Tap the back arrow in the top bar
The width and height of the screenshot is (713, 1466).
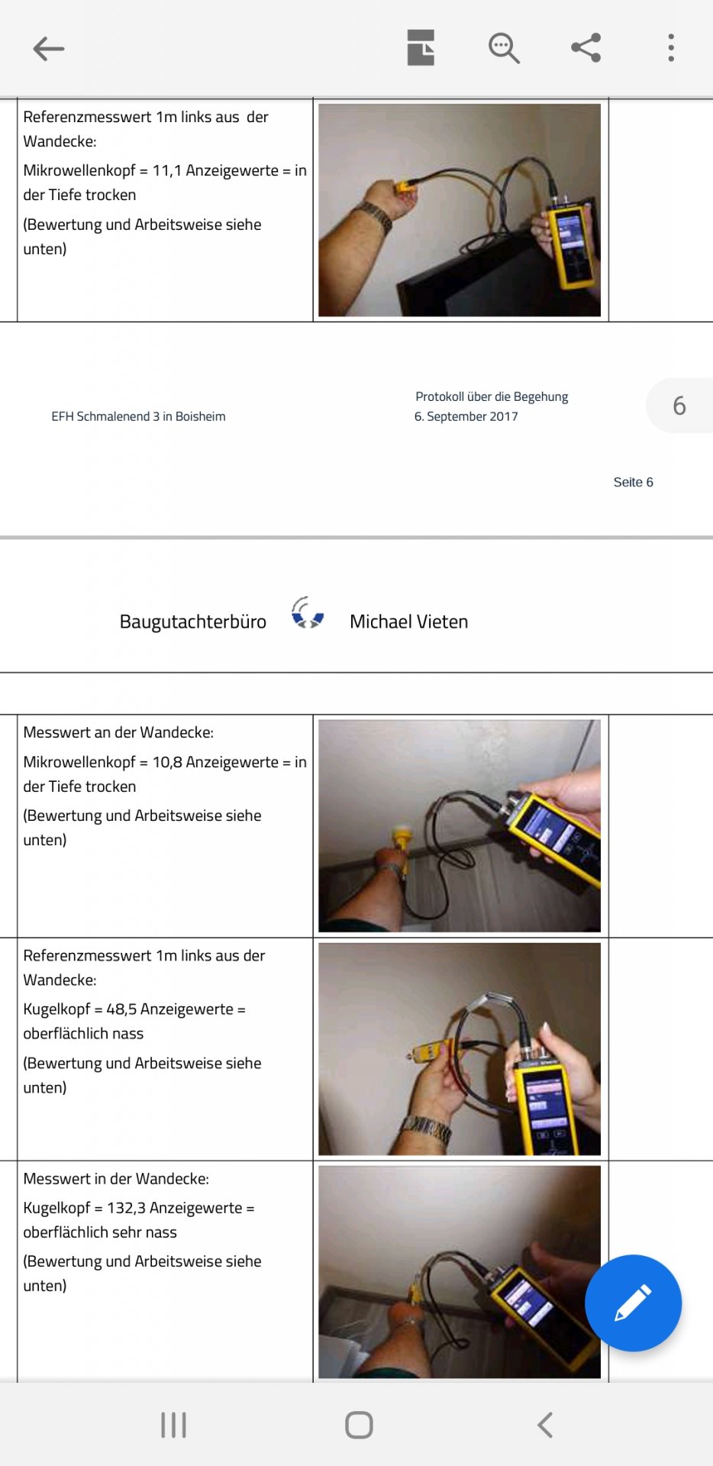pyautogui.click(x=49, y=49)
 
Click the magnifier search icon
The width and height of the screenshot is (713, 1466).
pyautogui.click(x=504, y=48)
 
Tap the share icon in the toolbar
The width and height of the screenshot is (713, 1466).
pyautogui.click(x=586, y=48)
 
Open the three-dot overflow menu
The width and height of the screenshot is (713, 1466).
pyautogui.click(x=671, y=48)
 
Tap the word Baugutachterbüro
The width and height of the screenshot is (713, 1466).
pyautogui.click(x=193, y=622)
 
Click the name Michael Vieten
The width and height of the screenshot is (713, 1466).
pyautogui.click(x=408, y=622)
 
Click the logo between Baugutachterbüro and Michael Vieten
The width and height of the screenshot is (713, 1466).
pyautogui.click(x=308, y=613)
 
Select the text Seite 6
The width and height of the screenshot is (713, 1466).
pyautogui.click(x=633, y=483)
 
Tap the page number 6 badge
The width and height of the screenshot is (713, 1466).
pyautogui.click(x=679, y=405)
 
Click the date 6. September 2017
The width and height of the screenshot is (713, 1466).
pyautogui.click(x=466, y=417)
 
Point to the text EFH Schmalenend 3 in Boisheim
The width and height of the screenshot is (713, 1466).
pyautogui.click(x=138, y=417)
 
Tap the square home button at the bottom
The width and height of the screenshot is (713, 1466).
pyautogui.click(x=359, y=1425)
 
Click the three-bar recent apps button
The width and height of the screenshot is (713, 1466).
pyautogui.click(x=173, y=1425)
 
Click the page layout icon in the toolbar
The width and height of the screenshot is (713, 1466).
pyautogui.click(x=421, y=48)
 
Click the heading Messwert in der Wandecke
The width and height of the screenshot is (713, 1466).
pyautogui.click(x=116, y=1179)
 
